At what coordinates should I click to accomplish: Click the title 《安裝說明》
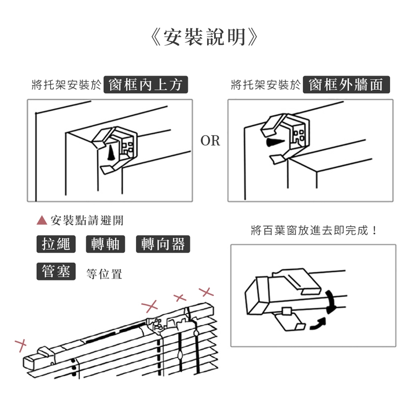[x=205, y=37]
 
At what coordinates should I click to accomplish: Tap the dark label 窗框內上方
[x=146, y=85]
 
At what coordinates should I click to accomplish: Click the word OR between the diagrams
[x=210, y=141]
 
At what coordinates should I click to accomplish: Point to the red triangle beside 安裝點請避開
[x=42, y=220]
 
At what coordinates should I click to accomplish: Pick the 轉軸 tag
[x=106, y=244]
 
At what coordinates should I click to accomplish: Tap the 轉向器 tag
[x=163, y=244]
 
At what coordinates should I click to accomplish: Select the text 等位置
[x=104, y=274]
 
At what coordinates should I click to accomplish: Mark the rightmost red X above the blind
[x=206, y=293]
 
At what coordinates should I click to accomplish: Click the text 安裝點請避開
[x=87, y=220]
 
